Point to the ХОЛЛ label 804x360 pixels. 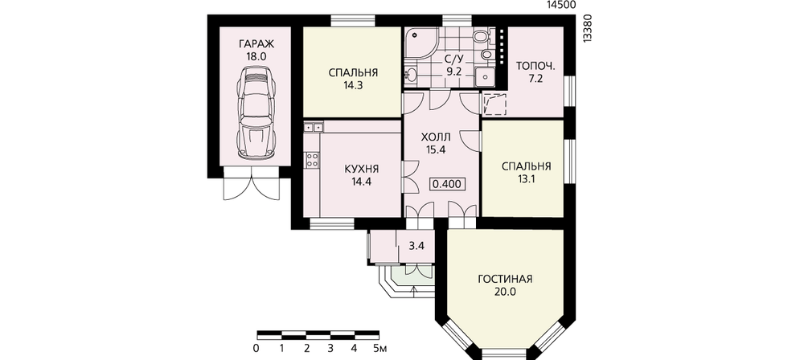click(x=435, y=137)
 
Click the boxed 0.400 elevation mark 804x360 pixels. click(x=448, y=184)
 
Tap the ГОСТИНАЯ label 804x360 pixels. click(x=505, y=279)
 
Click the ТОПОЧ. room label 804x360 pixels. click(x=535, y=66)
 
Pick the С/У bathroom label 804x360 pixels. click(x=453, y=59)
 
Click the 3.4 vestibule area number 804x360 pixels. click(x=416, y=246)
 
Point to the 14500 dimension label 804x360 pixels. click(x=561, y=5)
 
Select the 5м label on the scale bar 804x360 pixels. click(x=380, y=349)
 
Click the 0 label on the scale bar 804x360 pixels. click(x=256, y=349)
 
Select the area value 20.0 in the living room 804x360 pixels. click(x=505, y=292)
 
